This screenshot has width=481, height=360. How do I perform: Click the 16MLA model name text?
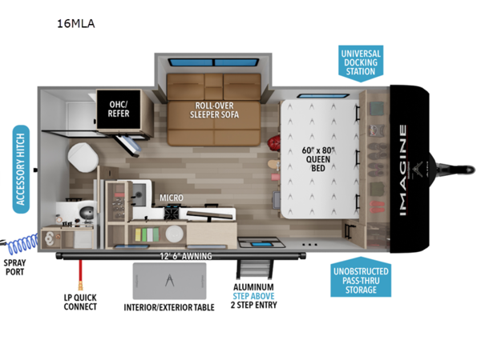point(76,23)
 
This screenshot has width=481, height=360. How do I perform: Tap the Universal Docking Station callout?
point(361,60)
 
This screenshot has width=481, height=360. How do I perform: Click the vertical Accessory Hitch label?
point(22,168)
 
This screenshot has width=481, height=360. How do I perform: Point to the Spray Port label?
point(15,267)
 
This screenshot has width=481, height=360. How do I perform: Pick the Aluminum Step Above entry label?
point(253,295)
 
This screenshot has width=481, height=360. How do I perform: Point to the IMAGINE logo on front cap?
point(401,168)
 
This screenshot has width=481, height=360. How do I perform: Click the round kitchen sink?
point(174,235)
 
